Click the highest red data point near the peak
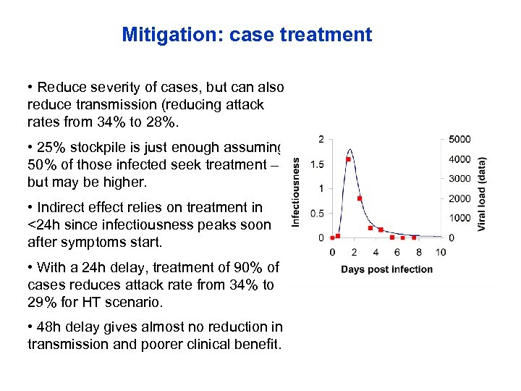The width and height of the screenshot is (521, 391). tap(348, 159)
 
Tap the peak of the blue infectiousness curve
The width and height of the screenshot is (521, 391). tap(349, 150)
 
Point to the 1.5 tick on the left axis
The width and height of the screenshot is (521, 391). tap(316, 164)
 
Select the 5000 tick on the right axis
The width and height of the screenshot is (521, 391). tap(459, 139)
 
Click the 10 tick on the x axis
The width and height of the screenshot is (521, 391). tap(441, 253)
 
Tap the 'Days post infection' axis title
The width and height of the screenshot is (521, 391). tap(387, 269)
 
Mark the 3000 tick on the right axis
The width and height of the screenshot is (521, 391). tap(459, 179)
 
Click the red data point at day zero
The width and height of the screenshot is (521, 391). tap(332, 237)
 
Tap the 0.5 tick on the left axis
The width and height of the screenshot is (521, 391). tap(316, 214)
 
